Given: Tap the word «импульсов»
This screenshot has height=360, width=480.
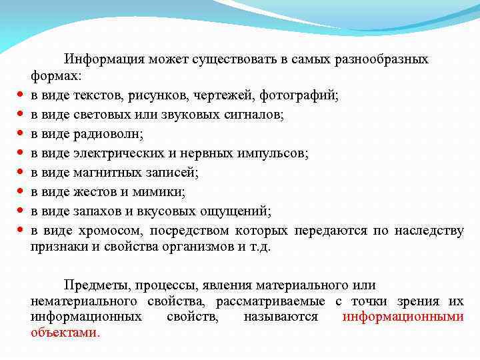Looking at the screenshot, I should pos(275,153).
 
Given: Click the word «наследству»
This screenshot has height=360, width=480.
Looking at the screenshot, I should pos(429,231).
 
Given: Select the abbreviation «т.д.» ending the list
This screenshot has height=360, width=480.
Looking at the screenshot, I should pos(258,246).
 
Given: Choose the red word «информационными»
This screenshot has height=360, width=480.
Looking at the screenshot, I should pos(403,317).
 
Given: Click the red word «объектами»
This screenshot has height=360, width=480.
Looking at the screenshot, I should pos(64,331).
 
